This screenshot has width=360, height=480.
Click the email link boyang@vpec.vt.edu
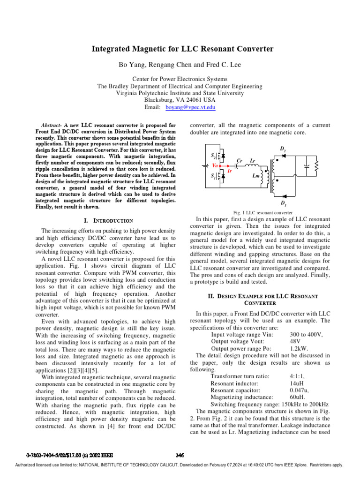tap(191, 107)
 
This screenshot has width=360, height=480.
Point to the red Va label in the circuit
tap(215, 165)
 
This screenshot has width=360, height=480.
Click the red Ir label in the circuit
tap(230, 172)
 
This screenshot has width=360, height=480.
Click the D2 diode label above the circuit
tap(283, 149)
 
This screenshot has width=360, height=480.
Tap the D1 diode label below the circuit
tap(283, 203)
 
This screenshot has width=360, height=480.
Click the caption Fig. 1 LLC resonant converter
tap(259, 212)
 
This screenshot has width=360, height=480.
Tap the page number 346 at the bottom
tap(180, 455)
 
